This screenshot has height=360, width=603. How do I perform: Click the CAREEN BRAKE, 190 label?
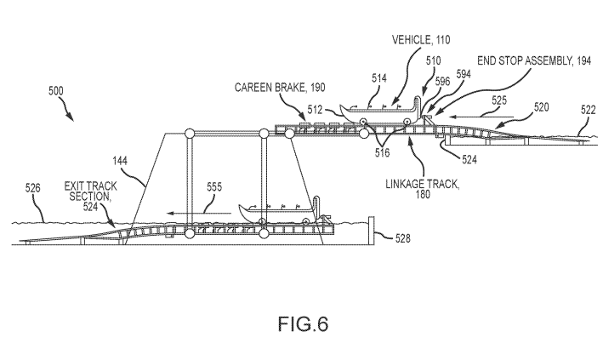click(x=282, y=87)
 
